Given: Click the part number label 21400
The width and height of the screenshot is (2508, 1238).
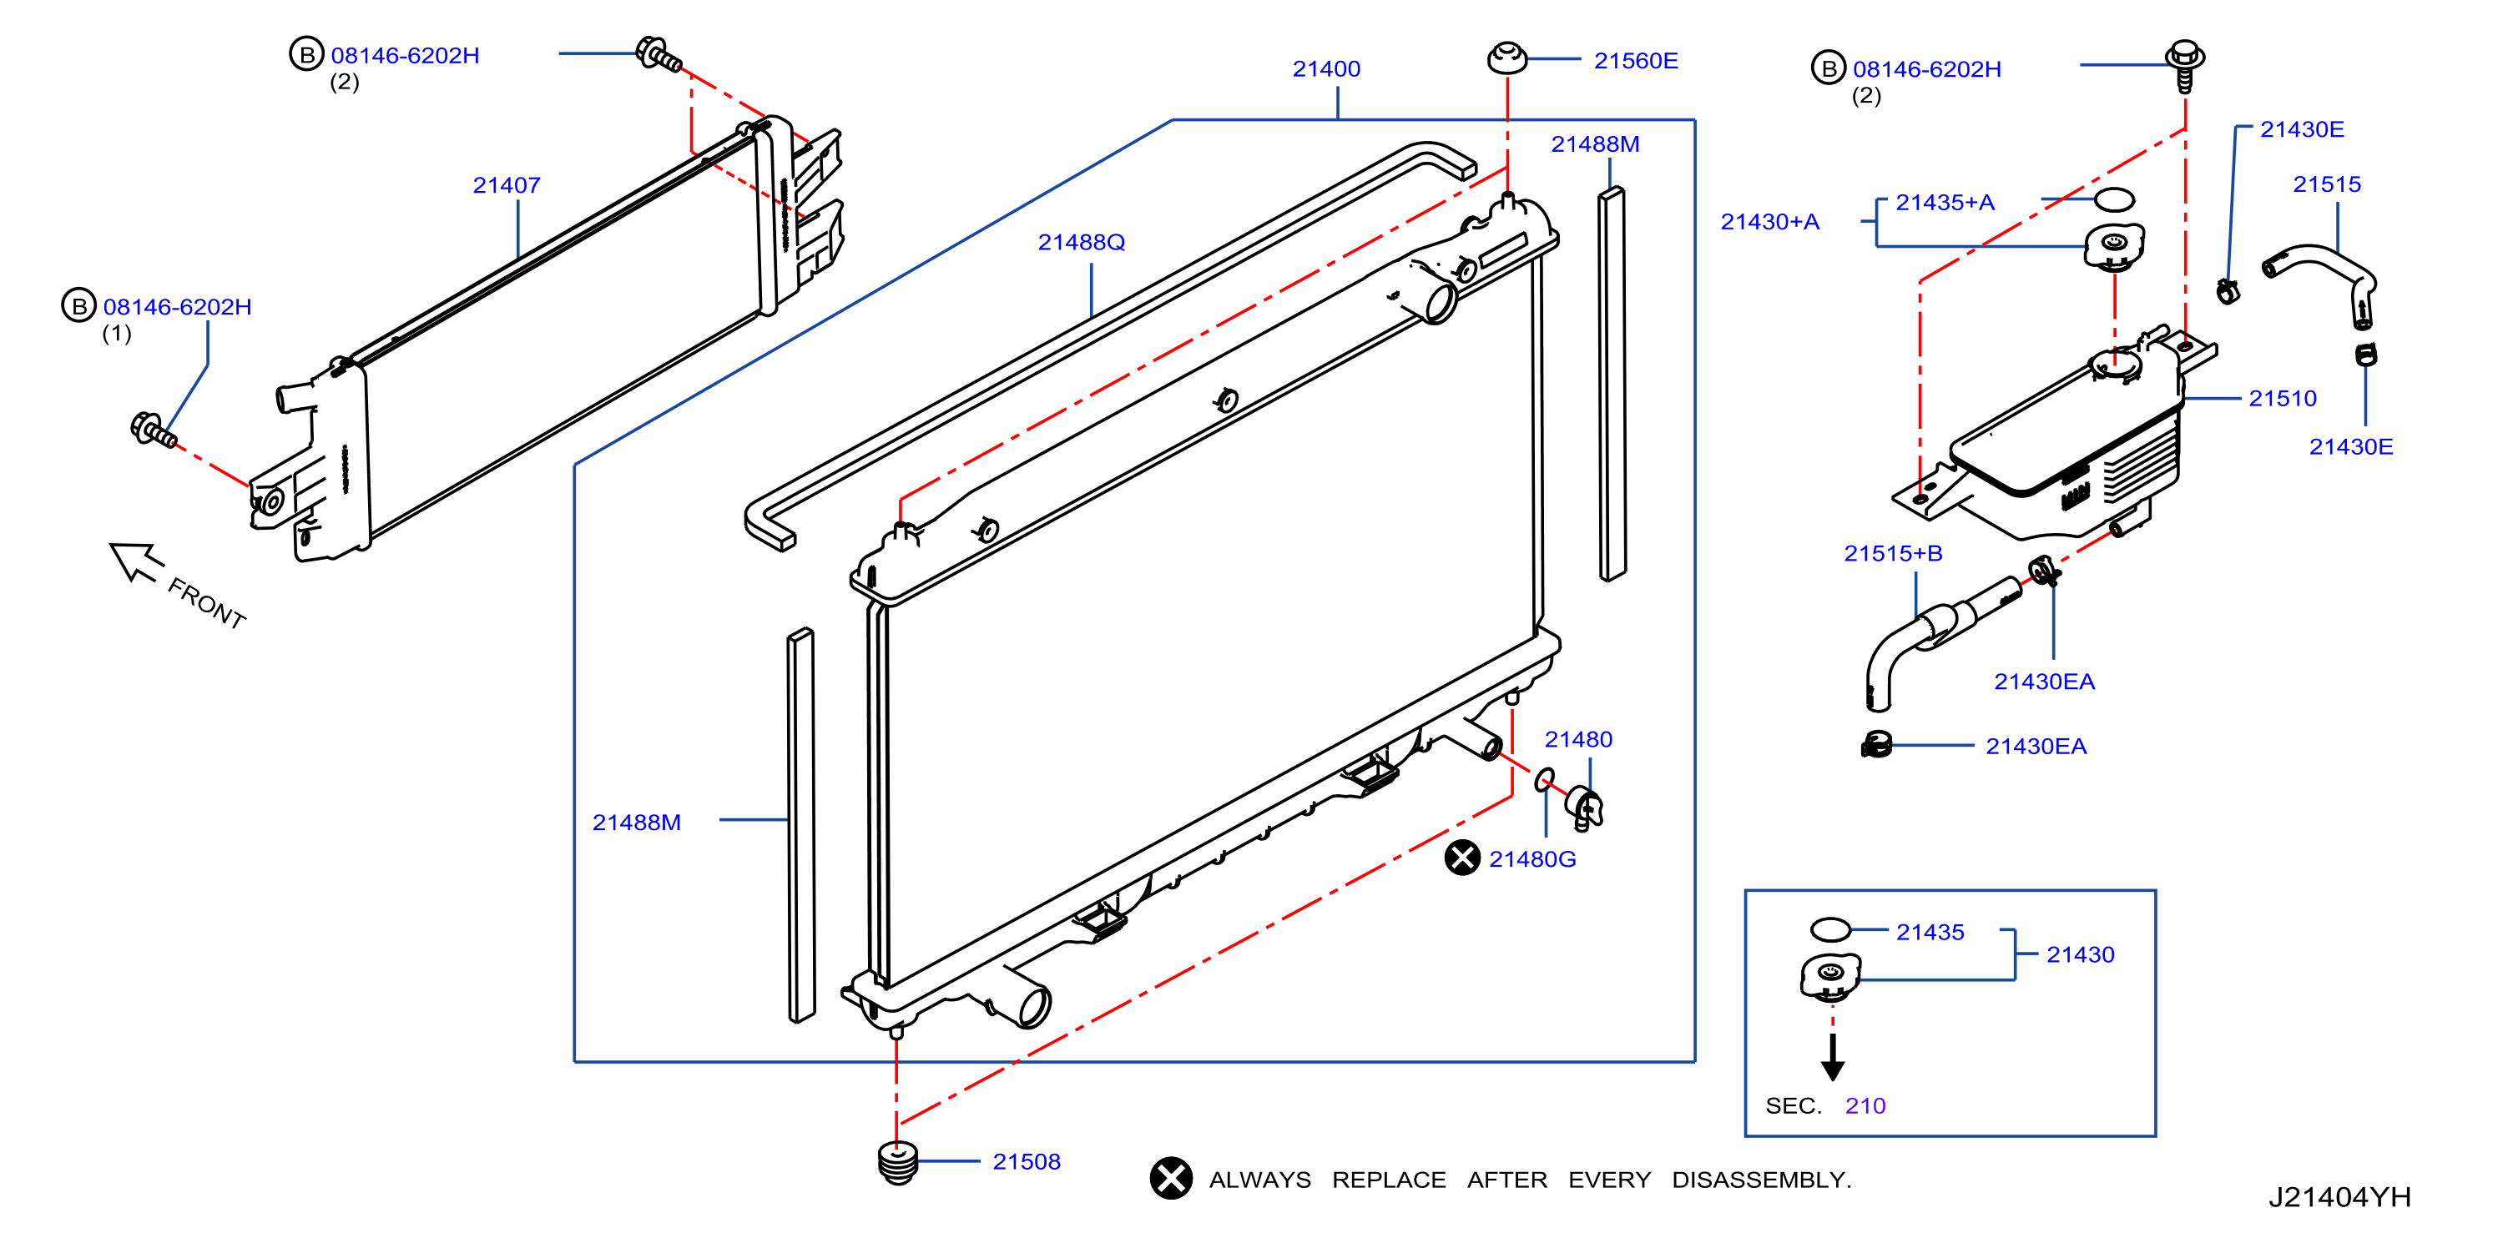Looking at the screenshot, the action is [x=1326, y=69].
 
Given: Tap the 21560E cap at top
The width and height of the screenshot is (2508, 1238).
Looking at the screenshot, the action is [x=1507, y=58].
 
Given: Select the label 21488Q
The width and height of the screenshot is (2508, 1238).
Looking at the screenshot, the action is [x=1081, y=242].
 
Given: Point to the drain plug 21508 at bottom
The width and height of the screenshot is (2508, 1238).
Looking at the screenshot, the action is [x=898, y=1162].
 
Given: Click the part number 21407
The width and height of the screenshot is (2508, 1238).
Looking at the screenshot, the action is [x=507, y=185].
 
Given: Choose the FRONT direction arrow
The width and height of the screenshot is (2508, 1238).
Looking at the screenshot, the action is [x=135, y=561].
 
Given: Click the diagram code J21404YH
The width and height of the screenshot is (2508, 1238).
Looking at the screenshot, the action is [x=2339, y=1197].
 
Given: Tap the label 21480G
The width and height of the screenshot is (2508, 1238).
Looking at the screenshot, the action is [x=1532, y=859].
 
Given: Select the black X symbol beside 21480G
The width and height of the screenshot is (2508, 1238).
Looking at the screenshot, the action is [x=1462, y=858].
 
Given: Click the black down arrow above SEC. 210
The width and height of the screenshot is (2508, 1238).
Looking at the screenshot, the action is [x=1832, y=1057].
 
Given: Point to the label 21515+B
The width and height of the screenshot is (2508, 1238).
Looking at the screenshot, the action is [x=1893, y=554].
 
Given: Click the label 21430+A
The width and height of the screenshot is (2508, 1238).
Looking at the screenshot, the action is [x=1769, y=222].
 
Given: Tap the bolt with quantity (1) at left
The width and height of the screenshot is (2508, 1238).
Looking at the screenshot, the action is [x=154, y=430].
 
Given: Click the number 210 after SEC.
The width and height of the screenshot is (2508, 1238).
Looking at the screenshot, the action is [x=1865, y=1106].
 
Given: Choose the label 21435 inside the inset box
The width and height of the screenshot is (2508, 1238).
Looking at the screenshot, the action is [x=1930, y=933].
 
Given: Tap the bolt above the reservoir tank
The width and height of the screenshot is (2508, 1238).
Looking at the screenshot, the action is [x=2185, y=64].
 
